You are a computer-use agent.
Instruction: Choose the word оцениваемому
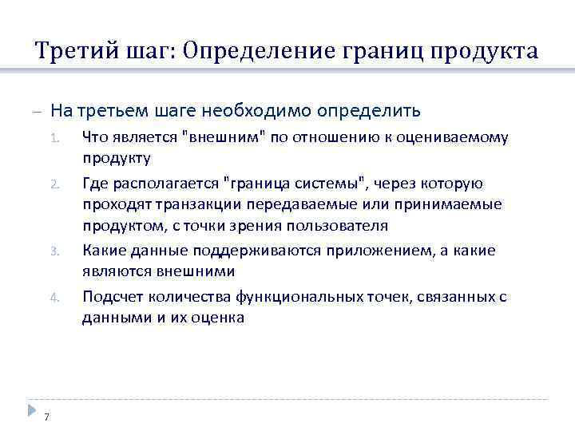(x=461, y=137)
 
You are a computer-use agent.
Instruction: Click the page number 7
(x=47, y=417)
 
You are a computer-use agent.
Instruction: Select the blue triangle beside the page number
(x=31, y=409)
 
